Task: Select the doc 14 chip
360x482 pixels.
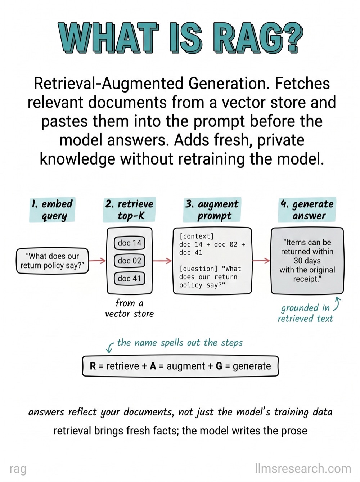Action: coord(130,243)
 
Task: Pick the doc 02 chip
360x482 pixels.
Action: coord(130,261)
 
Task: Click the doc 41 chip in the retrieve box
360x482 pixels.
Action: coord(130,279)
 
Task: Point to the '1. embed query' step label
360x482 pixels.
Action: coord(52,210)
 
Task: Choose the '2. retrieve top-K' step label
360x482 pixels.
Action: coord(129,210)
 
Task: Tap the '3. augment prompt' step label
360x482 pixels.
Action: coord(212,210)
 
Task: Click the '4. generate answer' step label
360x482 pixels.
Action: coord(307,210)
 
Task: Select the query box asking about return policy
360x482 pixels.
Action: coord(53,261)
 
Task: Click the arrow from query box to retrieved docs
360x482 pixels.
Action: coord(98,261)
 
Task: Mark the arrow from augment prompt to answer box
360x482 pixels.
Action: coord(261,261)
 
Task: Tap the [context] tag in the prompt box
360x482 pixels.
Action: coord(197,236)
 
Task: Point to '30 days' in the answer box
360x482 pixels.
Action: coord(307,261)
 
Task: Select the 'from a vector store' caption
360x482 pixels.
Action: coord(129,308)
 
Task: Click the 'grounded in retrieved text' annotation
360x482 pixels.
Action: coord(306,313)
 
